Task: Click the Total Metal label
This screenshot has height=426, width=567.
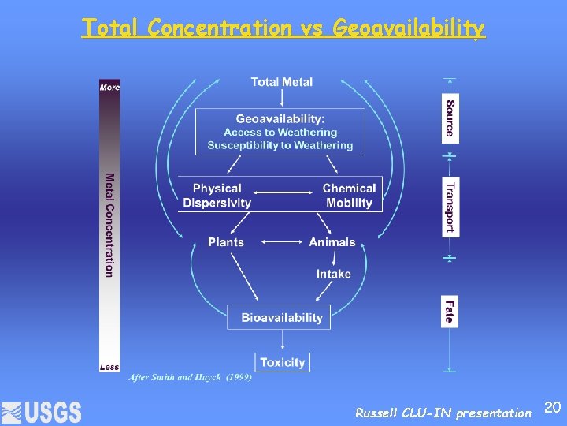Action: click(x=281, y=82)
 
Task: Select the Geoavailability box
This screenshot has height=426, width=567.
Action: click(x=280, y=132)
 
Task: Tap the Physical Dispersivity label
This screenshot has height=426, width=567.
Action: click(x=217, y=196)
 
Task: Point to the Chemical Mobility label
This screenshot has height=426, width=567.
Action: click(x=349, y=196)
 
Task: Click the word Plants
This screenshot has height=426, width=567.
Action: click(x=226, y=242)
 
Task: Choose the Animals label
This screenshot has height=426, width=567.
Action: click(x=332, y=242)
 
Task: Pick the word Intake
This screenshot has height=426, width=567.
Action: click(x=333, y=274)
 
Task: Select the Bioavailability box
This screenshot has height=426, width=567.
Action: click(x=281, y=318)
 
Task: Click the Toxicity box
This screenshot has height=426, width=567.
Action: click(x=282, y=362)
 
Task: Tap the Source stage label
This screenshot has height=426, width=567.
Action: click(x=450, y=118)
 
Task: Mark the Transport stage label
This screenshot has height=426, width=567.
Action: click(x=450, y=207)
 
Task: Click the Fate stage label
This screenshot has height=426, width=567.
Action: click(x=450, y=310)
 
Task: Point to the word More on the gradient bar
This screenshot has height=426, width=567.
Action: click(x=109, y=87)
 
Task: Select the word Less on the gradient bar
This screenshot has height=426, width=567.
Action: click(x=109, y=366)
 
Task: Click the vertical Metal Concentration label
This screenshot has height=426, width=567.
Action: click(x=109, y=225)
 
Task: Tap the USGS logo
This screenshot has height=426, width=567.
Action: click(x=42, y=412)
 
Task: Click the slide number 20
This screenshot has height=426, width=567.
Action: click(x=553, y=407)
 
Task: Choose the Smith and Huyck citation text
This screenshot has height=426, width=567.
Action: click(x=190, y=378)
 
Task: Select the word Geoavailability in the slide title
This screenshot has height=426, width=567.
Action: click(x=409, y=28)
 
